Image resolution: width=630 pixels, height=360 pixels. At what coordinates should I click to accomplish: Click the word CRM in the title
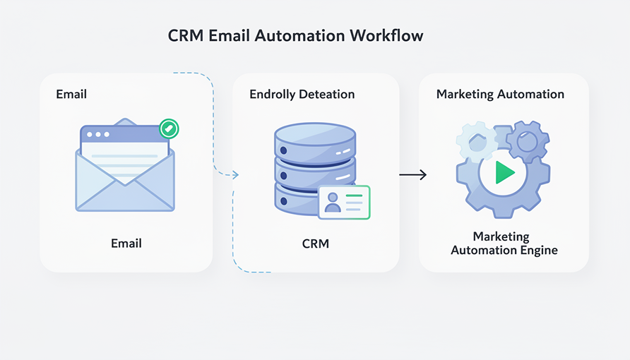[x=184, y=36]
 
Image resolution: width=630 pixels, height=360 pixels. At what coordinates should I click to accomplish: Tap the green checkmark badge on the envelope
[x=168, y=128]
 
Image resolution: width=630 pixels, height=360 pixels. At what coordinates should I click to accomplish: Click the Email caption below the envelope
[x=126, y=244]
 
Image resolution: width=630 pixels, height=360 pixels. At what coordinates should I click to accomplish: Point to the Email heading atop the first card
[x=71, y=94]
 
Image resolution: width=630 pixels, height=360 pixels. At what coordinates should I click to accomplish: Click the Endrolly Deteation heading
[x=302, y=94]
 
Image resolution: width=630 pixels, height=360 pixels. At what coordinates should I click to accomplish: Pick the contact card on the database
[x=344, y=203]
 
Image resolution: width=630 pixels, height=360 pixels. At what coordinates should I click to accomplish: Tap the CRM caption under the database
[x=315, y=244]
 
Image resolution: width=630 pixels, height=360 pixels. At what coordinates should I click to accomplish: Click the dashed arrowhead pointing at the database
[x=236, y=174]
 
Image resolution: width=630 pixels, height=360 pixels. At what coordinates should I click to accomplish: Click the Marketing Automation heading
[x=500, y=94]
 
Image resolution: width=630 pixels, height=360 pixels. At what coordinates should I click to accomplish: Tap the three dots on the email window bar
[x=97, y=134]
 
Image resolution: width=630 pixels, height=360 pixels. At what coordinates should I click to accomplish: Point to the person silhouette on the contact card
[x=333, y=203]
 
